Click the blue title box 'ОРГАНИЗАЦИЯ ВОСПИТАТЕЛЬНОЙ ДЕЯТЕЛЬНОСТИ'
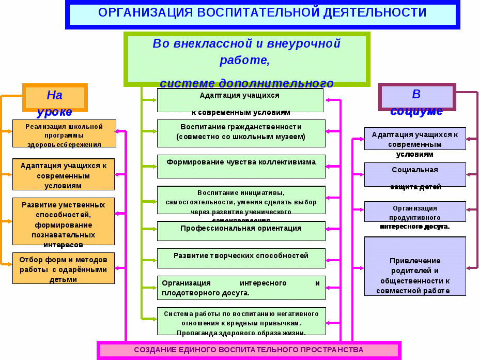262,13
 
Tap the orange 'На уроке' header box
55,97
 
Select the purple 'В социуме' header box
416,97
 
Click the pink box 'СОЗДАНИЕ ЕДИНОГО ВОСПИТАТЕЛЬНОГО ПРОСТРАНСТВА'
249,350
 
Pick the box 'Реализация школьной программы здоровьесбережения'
64,133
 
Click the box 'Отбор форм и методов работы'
64,268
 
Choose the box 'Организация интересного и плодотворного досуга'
241,288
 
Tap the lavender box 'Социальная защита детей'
415,174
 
